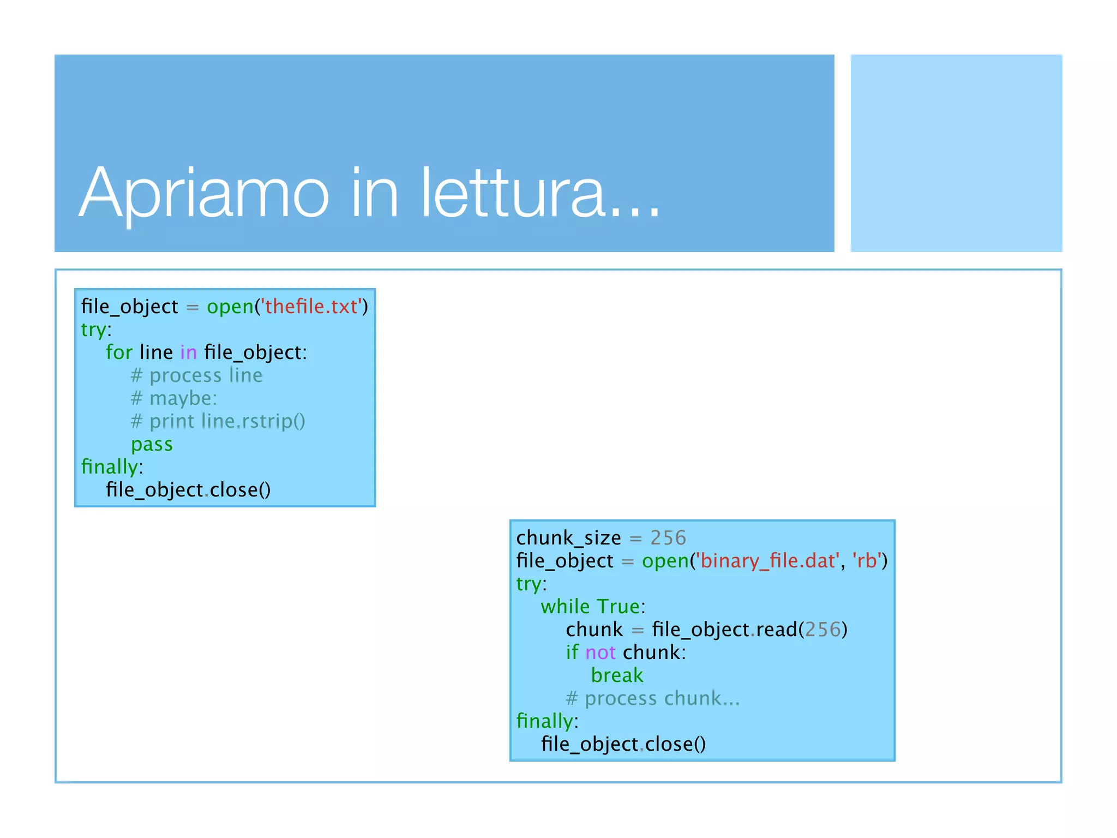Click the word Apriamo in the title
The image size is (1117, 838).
(204, 194)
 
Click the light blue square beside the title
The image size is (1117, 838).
(956, 153)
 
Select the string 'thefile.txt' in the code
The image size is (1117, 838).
(311, 307)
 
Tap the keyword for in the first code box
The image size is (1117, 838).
(119, 352)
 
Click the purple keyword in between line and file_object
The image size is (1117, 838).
(188, 352)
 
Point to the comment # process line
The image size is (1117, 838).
(197, 375)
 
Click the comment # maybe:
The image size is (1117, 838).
(174, 398)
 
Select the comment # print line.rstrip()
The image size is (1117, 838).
(218, 421)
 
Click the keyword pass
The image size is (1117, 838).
(152, 444)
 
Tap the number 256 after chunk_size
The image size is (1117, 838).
(668, 538)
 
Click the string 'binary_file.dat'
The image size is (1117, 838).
(768, 561)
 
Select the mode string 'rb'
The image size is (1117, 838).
(867, 561)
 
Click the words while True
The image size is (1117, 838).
(590, 607)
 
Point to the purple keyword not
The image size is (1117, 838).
(600, 653)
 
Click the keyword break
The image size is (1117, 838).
(617, 675)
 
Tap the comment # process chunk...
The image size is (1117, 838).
(652, 698)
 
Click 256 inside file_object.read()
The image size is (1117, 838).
(822, 630)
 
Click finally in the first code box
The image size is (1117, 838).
(109, 467)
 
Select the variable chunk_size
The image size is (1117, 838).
(568, 538)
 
